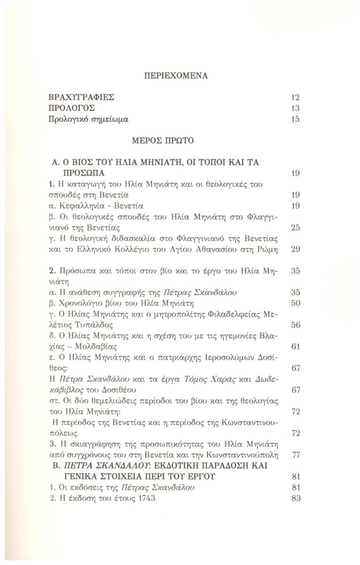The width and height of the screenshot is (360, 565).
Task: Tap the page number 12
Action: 295,98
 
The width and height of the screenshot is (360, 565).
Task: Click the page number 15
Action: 295,120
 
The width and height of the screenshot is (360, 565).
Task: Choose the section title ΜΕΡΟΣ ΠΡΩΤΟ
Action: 180,140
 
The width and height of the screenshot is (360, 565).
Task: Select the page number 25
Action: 295,228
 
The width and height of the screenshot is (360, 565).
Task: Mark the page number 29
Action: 295,250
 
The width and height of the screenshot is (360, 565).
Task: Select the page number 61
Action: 295,347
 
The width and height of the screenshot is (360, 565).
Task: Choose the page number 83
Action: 295,498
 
